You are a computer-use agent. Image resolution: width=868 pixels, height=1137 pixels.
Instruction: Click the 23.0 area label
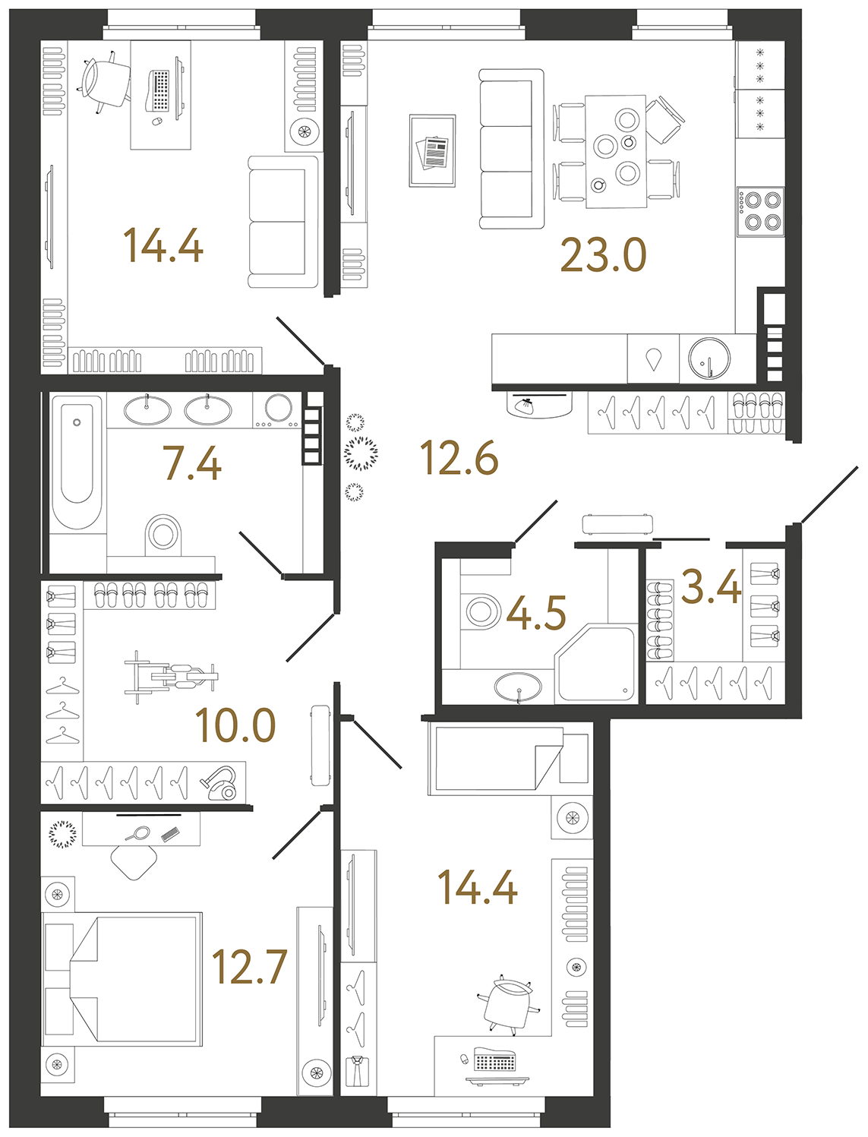coord(604,255)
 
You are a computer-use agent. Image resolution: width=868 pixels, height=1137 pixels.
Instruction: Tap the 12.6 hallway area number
coord(459,457)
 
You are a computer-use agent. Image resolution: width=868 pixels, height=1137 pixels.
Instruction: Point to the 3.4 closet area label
coord(711,587)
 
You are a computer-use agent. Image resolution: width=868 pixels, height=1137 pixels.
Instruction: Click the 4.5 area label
coord(536,613)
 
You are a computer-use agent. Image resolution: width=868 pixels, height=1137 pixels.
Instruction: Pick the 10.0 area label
coord(235,725)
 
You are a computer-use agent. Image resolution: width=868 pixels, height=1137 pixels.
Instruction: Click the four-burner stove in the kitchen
coord(760,212)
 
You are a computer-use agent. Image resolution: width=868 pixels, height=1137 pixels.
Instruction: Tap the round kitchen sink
coord(709,358)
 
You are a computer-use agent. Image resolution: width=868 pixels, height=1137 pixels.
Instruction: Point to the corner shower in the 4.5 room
coord(595,663)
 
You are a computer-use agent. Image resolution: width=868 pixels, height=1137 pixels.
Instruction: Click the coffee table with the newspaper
coord(432,150)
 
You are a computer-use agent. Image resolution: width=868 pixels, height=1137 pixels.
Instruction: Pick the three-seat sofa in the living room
coord(512,149)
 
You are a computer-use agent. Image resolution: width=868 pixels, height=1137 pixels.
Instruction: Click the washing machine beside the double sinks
coord(277,409)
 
